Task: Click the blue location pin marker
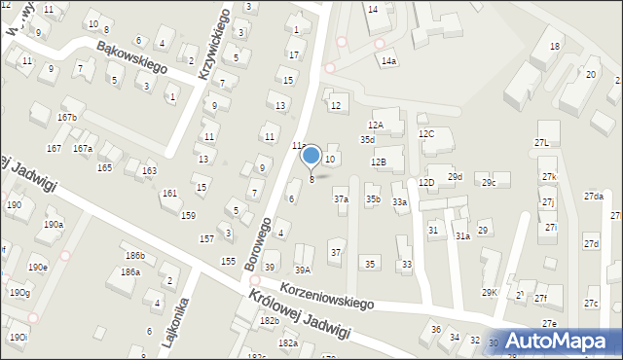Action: pyautogui.click(x=311, y=156)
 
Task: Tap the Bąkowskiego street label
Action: pyautogui.click(x=131, y=57)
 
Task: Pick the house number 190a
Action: pyautogui.click(x=53, y=225)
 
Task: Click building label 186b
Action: pyautogui.click(x=134, y=256)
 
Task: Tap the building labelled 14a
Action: pyautogui.click(x=388, y=61)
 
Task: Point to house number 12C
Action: pyautogui.click(x=425, y=133)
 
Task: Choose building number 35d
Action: pyautogui.click(x=367, y=140)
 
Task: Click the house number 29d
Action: pyautogui.click(x=455, y=177)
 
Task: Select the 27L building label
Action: pyautogui.click(x=541, y=143)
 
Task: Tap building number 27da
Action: pyautogui.click(x=593, y=197)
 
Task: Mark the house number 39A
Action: pyautogui.click(x=303, y=270)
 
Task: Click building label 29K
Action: pyautogui.click(x=489, y=292)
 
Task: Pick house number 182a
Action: pyautogui.click(x=287, y=343)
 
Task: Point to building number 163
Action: pyautogui.click(x=149, y=171)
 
